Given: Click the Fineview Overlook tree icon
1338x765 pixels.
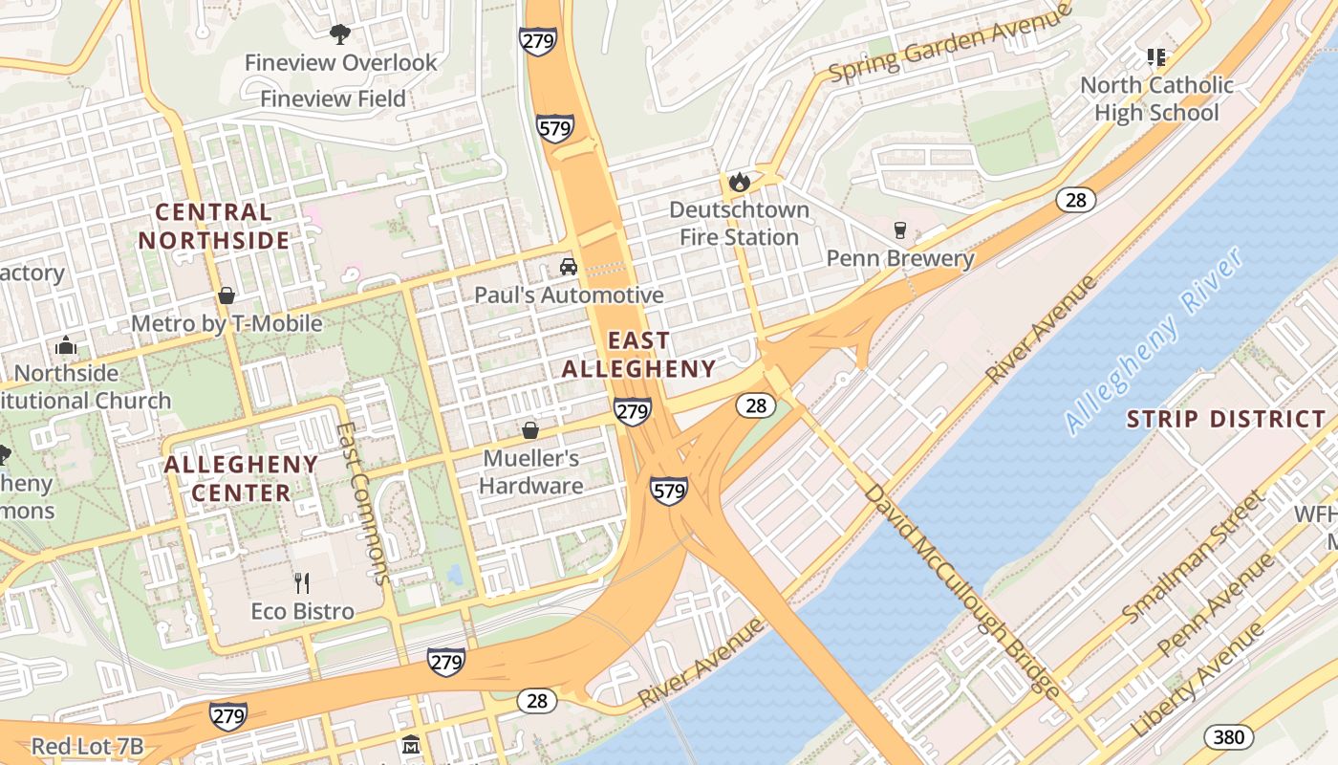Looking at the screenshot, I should pyautogui.click(x=339, y=35).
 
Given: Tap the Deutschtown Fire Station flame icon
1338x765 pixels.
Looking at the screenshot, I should pyautogui.click(x=739, y=181).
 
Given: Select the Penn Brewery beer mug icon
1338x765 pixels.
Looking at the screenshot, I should pyautogui.click(x=899, y=229).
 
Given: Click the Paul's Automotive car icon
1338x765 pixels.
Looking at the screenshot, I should pyautogui.click(x=569, y=267).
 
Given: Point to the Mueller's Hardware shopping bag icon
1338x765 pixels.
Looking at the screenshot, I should pyautogui.click(x=530, y=430).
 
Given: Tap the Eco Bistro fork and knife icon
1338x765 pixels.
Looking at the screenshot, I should pyautogui.click(x=303, y=582).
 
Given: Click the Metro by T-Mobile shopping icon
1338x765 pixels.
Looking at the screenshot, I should pyautogui.click(x=227, y=295).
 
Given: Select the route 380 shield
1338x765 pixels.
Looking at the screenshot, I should pyautogui.click(x=1229, y=737).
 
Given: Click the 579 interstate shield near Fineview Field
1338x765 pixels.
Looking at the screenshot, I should pyautogui.click(x=555, y=128).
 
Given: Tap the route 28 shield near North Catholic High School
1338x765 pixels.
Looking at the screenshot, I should pyautogui.click(x=1076, y=200).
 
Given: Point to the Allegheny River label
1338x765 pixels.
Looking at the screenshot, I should pyautogui.click(x=1155, y=340).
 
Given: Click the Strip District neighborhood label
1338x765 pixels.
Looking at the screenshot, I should pyautogui.click(x=1226, y=419).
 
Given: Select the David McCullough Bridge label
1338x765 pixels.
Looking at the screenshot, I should pyautogui.click(x=962, y=590).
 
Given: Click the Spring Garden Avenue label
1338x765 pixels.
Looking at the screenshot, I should pyautogui.click(x=950, y=43).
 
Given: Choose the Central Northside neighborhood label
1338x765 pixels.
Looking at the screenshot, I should pyautogui.click(x=214, y=226).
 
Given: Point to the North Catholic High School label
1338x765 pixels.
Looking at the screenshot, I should pyautogui.click(x=1156, y=98).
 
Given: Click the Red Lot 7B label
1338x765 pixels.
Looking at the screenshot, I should pyautogui.click(x=87, y=746).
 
